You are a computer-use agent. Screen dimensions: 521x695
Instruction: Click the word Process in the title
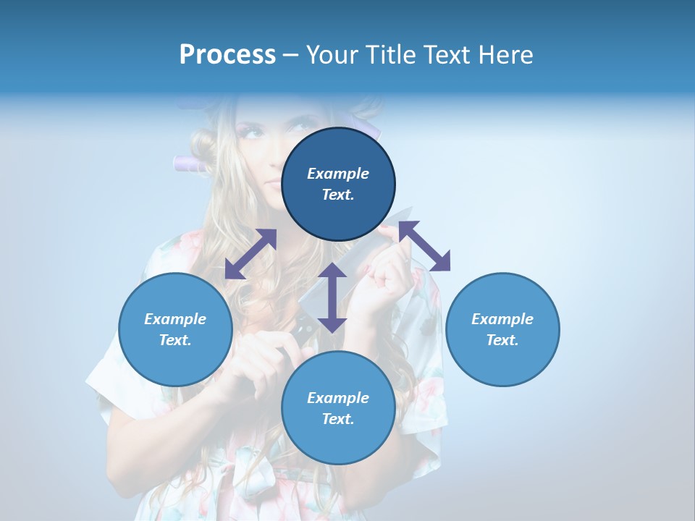click(x=227, y=55)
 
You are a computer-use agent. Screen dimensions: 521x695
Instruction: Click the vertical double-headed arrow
click(x=332, y=297)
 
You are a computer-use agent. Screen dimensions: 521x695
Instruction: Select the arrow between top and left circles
click(x=250, y=254)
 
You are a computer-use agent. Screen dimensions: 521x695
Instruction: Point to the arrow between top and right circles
click(x=424, y=246)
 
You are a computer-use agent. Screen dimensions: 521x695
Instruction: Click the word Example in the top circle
click(x=338, y=174)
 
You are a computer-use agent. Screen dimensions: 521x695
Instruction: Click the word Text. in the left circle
click(x=175, y=340)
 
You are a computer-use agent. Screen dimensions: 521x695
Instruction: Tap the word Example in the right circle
click(x=502, y=319)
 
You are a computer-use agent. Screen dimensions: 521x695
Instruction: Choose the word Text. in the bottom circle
click(x=338, y=419)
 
